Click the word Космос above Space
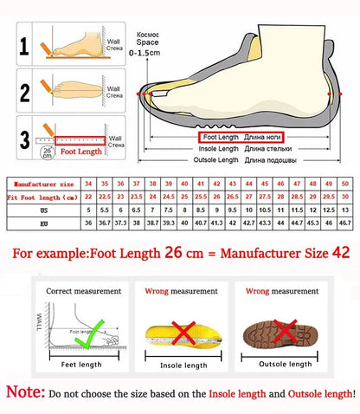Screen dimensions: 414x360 click(148, 33)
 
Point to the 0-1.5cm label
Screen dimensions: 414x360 click(145, 53)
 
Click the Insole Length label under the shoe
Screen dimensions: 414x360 click(217, 149)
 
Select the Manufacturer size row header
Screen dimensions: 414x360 click(42, 184)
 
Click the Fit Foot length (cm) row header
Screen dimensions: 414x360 click(42, 197)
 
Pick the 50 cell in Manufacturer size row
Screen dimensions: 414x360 click(344, 184)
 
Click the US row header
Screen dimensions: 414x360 click(42, 210)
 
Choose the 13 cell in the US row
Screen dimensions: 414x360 click(344, 210)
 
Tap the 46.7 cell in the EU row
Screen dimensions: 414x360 click(344, 223)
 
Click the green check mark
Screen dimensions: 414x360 click(91, 336)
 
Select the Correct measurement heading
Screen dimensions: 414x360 click(78, 291)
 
